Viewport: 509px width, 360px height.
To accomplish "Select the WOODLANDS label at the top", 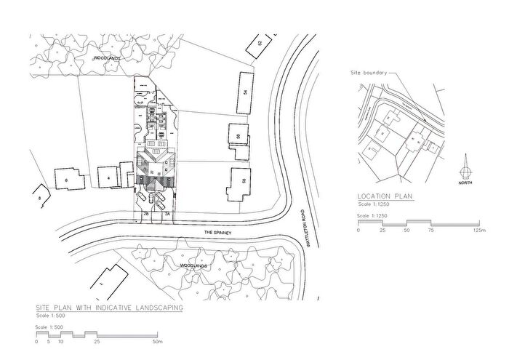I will click(104, 56).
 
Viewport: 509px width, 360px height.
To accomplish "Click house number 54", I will click(246, 92).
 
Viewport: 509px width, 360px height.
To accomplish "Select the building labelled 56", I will click(238, 136).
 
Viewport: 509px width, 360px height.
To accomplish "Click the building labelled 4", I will click(109, 177).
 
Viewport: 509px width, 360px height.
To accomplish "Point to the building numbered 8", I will click(39, 197).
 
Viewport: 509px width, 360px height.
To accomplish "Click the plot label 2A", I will click(167, 215).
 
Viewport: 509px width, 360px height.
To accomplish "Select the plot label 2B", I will click(145, 215).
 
